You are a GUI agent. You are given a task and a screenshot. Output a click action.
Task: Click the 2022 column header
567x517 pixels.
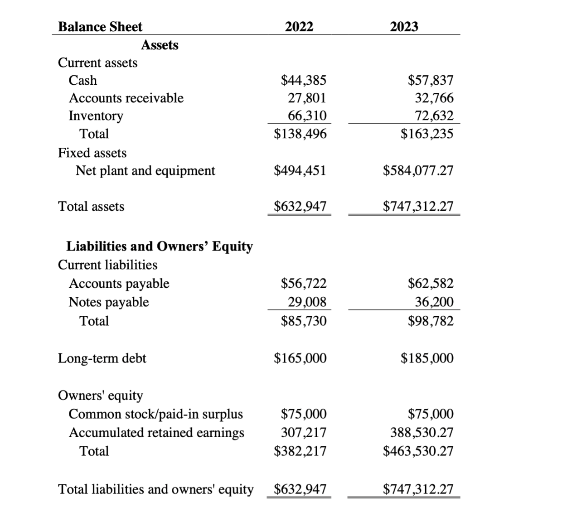[299, 27]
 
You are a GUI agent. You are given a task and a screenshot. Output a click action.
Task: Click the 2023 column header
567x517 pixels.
[404, 27]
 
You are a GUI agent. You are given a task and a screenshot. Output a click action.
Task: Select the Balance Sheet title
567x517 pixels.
[100, 27]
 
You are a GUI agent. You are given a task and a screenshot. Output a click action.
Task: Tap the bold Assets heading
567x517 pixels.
[160, 45]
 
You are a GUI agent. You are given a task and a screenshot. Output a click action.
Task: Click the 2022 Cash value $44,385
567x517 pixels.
[303, 80]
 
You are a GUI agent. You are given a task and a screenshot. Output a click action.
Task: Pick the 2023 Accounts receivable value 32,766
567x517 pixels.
[434, 98]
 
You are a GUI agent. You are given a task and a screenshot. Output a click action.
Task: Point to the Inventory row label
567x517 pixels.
[96, 116]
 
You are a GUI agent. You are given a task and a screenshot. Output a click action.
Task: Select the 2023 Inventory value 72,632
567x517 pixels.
[434, 116]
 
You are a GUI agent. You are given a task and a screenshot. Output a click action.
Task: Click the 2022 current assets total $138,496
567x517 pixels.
[300, 134]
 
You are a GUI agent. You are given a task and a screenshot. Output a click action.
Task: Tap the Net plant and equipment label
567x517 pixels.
[145, 170]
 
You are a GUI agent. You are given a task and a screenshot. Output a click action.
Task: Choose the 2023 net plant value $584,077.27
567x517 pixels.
[418, 170]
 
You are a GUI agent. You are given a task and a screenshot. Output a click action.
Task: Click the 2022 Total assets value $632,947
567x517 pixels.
[300, 206]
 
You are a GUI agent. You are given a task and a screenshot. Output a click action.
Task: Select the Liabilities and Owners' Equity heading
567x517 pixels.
[160, 246]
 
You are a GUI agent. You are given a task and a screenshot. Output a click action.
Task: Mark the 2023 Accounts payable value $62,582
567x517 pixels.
[431, 283]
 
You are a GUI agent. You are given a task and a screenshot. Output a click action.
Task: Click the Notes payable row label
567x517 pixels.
[109, 302]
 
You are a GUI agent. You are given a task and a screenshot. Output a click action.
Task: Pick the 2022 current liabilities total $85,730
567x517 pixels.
[303, 321]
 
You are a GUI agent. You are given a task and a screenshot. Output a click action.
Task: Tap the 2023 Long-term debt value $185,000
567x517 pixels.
[427, 358]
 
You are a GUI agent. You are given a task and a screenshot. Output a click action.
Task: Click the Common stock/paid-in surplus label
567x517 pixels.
[155, 414]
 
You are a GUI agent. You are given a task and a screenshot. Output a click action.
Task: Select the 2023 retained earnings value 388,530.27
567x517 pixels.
[422, 432]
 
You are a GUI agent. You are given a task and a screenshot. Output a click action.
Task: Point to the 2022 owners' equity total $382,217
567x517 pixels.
[300, 451]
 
